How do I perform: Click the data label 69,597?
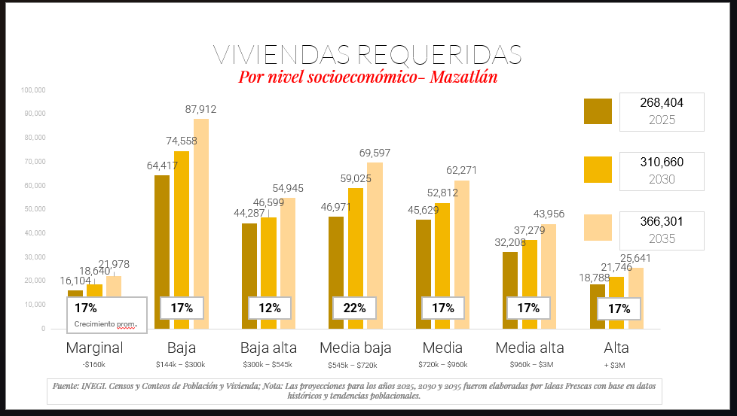375,153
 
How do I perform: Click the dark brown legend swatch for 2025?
598,111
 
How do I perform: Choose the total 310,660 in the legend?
661,162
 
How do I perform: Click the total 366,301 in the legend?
661,221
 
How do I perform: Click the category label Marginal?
94,348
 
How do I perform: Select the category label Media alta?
531,348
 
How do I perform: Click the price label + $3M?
616,365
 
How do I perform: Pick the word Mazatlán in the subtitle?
463,77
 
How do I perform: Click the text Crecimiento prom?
106,324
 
